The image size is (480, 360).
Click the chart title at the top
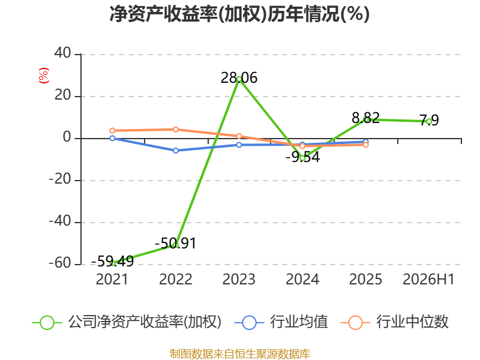click(239, 14)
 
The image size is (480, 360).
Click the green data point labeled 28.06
click(239, 79)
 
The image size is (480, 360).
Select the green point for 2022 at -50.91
click(176, 245)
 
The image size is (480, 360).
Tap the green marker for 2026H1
click(429, 122)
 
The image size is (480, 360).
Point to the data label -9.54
click(303, 157)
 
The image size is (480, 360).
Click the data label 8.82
click(366, 118)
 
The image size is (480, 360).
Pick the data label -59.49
click(112, 261)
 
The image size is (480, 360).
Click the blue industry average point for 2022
click(176, 151)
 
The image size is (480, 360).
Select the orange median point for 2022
click(176, 130)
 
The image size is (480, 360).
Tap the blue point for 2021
click(112, 139)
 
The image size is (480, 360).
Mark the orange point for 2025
click(366, 145)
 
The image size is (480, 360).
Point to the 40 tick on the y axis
click(63, 53)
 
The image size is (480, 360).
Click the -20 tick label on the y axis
click(61, 179)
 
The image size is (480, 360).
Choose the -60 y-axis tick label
click(61, 263)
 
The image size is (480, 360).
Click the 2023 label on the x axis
click(239, 280)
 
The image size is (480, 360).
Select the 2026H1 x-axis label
click(428, 280)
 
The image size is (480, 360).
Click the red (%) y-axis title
click(44, 76)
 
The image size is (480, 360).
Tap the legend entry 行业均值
click(281, 322)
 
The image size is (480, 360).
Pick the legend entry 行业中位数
click(395, 322)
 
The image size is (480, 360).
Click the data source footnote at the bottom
click(240, 354)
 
